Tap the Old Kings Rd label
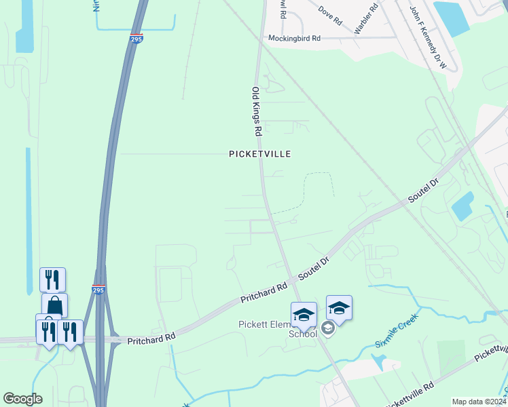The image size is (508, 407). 257,113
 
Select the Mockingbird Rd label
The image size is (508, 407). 293,39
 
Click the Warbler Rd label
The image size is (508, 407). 365,19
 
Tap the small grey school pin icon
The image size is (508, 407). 328,329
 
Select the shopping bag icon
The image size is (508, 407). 55,305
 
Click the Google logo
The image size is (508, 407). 22,399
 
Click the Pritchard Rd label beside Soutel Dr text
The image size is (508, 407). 264,293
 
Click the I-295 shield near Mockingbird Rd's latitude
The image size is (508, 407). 137,39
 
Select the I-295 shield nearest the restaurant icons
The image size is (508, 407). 98,290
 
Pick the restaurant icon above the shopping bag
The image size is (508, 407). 53,279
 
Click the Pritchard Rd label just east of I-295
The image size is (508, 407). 151,336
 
